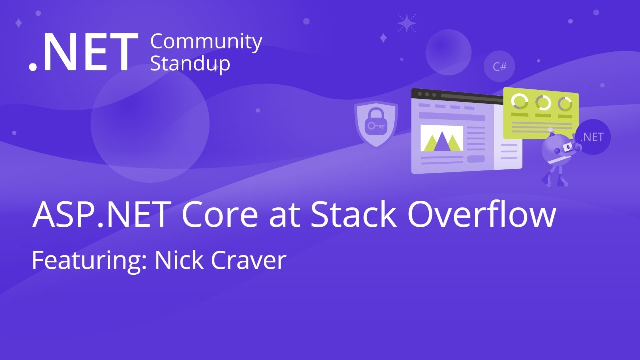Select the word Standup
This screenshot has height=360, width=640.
point(190,64)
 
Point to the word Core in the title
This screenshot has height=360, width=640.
point(220,215)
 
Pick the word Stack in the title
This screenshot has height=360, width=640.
point(353,215)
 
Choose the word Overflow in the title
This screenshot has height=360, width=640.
point(481,215)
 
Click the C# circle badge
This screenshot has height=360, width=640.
point(499,66)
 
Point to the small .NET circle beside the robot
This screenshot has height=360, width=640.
point(592,137)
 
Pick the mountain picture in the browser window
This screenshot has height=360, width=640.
point(441,138)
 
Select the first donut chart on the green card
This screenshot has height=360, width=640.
point(520,102)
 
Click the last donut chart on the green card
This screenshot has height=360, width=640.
point(565,104)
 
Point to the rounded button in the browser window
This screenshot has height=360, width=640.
point(476,159)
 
